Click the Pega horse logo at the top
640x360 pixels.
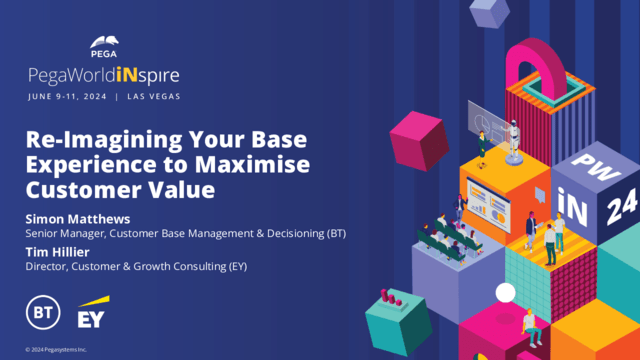pos(107,43)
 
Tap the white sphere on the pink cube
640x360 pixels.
pos(506,292)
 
